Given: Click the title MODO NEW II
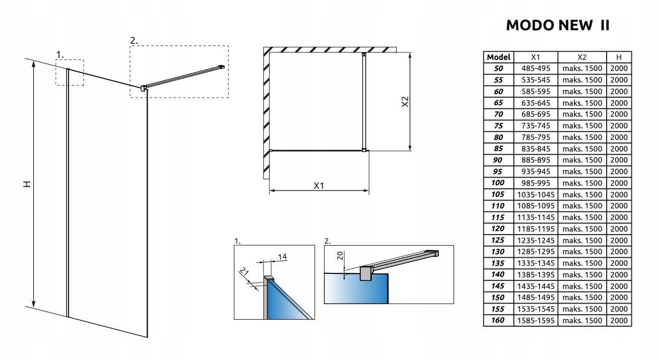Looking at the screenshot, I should coord(557,26).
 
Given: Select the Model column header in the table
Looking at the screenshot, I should coord(498,57).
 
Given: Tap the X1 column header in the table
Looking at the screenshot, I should coord(536,57).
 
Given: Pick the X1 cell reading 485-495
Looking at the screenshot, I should coord(536,68).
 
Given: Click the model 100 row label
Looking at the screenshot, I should coord(498,183).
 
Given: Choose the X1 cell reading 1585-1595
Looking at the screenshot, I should coord(536,320).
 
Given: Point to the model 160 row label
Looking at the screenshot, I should coord(498,320).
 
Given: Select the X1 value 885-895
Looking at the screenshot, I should coord(536,160).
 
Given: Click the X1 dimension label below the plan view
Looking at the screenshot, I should coord(318,185).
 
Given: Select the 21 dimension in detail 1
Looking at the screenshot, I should coord(245,274).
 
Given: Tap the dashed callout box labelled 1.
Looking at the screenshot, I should coord(69,72).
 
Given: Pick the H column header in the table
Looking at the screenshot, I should coord(619,57).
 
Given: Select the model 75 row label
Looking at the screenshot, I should coord(498,126).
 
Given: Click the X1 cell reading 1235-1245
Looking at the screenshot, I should coord(536,240).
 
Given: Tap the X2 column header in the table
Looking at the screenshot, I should coord(582,57).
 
